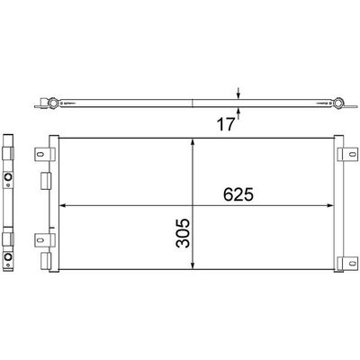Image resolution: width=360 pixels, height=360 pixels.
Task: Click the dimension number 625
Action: coord(238,194)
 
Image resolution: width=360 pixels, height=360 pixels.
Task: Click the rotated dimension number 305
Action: coord(183,233)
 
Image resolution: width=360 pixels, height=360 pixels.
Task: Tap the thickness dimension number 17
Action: coord(225,124)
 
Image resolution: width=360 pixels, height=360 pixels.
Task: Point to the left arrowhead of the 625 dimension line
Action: coord(63,205)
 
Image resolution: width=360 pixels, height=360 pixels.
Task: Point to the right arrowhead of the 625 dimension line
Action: coord(330,205)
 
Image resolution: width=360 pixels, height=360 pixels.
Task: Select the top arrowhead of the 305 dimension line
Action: coord(193,141)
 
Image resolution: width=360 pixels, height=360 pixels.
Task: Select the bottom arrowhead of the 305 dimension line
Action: coord(193,265)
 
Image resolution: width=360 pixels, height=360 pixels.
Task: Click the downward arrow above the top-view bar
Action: coord(238,94)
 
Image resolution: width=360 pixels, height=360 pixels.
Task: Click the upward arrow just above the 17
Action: coord(238,113)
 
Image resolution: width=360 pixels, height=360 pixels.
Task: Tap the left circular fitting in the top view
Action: coord(54,103)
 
